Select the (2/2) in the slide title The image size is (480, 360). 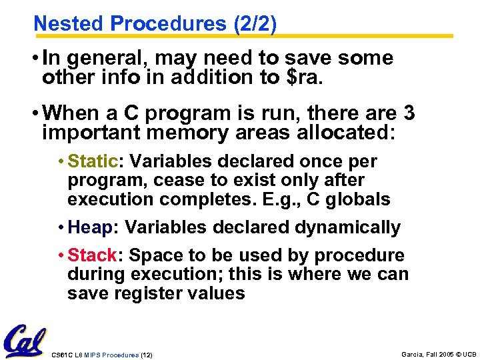(255, 23)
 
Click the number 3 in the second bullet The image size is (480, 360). (409, 113)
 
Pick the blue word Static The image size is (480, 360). (93, 161)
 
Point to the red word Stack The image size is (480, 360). (93, 255)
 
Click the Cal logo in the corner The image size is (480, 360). (25, 341)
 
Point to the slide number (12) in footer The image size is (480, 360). (146, 355)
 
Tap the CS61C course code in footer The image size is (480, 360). (61, 355)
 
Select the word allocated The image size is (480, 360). (339, 132)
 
